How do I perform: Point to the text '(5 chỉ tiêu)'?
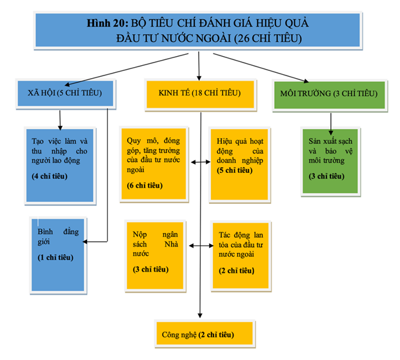(234, 170)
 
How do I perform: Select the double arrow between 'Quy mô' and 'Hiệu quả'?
(201, 163)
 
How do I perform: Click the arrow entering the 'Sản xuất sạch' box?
(330, 121)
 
